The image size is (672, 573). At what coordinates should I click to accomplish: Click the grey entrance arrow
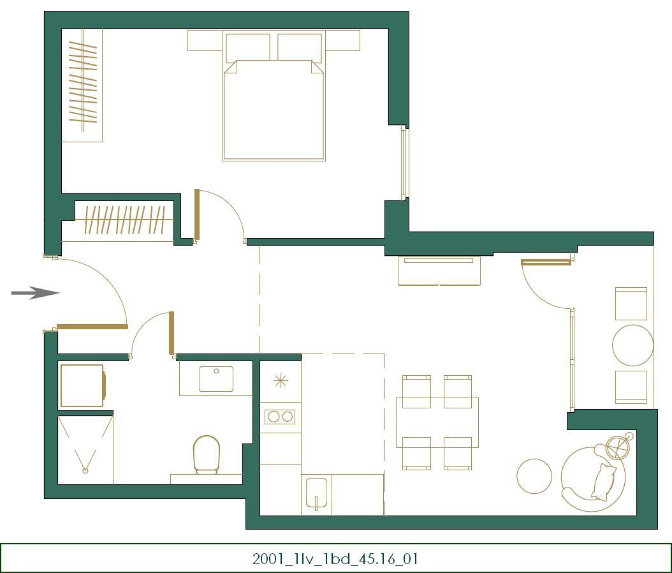(35, 293)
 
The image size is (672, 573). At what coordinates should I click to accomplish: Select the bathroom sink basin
(216, 378)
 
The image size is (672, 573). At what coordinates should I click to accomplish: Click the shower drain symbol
(85, 470)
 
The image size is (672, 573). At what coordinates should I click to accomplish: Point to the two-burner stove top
(280, 417)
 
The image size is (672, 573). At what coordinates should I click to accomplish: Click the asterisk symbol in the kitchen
(281, 381)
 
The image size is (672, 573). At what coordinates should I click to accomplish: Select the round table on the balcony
(632, 345)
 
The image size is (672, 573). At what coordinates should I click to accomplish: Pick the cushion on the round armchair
(604, 481)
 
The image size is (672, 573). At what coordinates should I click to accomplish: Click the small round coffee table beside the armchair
(534, 476)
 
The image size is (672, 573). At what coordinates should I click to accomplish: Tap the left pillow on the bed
(247, 48)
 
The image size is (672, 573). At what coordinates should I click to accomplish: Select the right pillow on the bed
(300, 48)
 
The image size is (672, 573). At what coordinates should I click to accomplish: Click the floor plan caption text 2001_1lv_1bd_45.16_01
(335, 559)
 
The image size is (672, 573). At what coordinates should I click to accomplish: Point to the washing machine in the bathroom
(82, 385)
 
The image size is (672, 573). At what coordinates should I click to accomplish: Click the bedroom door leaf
(197, 214)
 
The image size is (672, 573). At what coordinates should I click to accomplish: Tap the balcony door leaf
(546, 262)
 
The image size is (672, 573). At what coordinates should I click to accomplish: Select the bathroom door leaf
(171, 332)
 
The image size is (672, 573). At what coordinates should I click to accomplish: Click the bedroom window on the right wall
(404, 163)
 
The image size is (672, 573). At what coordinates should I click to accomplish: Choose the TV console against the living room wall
(439, 271)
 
